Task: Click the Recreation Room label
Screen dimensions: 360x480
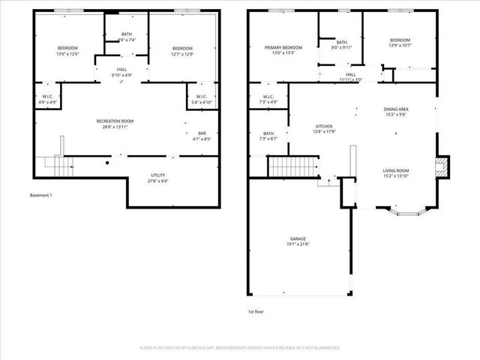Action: (115, 121)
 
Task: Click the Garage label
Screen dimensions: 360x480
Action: (298, 239)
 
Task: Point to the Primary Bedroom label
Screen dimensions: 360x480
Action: (283, 47)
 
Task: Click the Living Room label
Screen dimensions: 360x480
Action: (396, 170)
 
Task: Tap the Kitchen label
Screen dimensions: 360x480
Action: (324, 126)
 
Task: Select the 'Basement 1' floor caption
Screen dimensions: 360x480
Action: (41, 195)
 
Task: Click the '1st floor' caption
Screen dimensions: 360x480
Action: (256, 311)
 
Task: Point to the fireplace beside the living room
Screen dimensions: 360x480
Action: (442, 166)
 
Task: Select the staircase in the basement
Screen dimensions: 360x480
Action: (55, 162)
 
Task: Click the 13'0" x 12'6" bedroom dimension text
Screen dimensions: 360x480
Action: (67, 54)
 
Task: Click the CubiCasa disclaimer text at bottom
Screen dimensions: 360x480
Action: (240, 348)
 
